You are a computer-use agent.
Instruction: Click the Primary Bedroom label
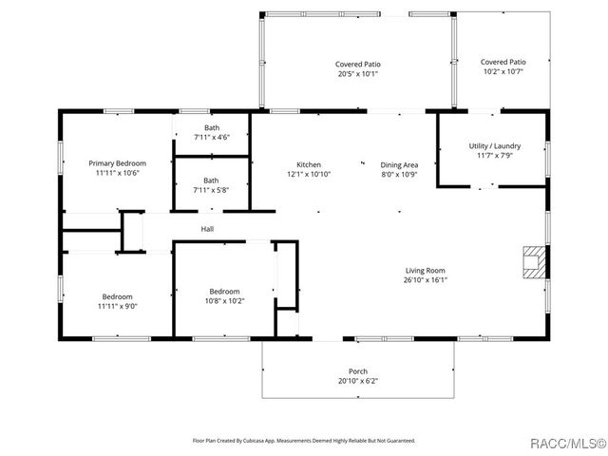[117, 163]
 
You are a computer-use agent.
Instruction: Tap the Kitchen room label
[309, 164]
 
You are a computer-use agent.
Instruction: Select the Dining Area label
[399, 164]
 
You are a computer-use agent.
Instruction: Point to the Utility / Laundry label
[495, 145]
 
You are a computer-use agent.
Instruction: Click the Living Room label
[426, 270]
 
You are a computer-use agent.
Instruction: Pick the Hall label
[207, 229]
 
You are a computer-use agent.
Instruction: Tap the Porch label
[358, 371]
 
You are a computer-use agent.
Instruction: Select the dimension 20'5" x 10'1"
[358, 74]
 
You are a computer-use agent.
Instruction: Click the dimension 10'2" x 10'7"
[503, 71]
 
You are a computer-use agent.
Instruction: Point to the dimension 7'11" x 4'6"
[212, 137]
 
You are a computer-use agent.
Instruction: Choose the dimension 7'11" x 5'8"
[211, 190]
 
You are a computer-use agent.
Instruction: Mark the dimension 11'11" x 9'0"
[118, 306]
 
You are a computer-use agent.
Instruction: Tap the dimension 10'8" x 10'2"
[224, 301]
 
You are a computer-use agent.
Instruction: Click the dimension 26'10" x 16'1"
[426, 280]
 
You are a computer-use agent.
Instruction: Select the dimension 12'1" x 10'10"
[309, 174]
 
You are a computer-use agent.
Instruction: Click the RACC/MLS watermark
[568, 444]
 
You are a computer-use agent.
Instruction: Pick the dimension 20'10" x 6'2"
[358, 381]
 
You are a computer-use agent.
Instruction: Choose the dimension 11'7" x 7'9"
[495, 156]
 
